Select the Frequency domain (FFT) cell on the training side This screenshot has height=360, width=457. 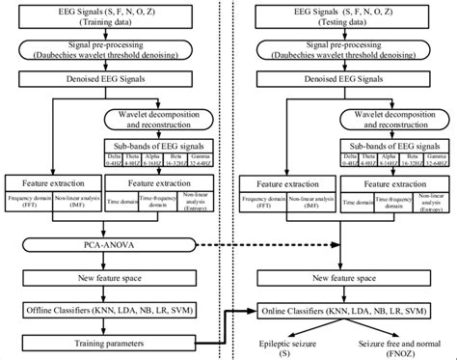click(31, 203)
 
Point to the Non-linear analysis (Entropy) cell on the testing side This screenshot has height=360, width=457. click(430, 203)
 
